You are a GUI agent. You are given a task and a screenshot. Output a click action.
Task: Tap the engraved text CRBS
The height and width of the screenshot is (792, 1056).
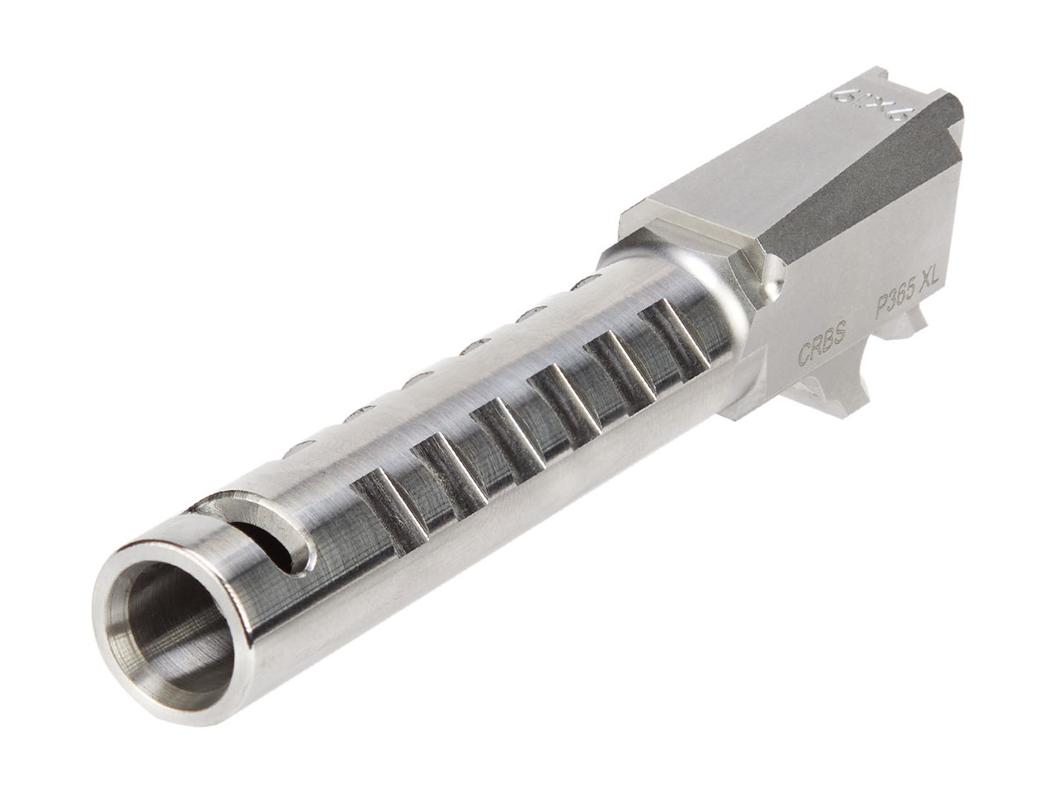(821, 351)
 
